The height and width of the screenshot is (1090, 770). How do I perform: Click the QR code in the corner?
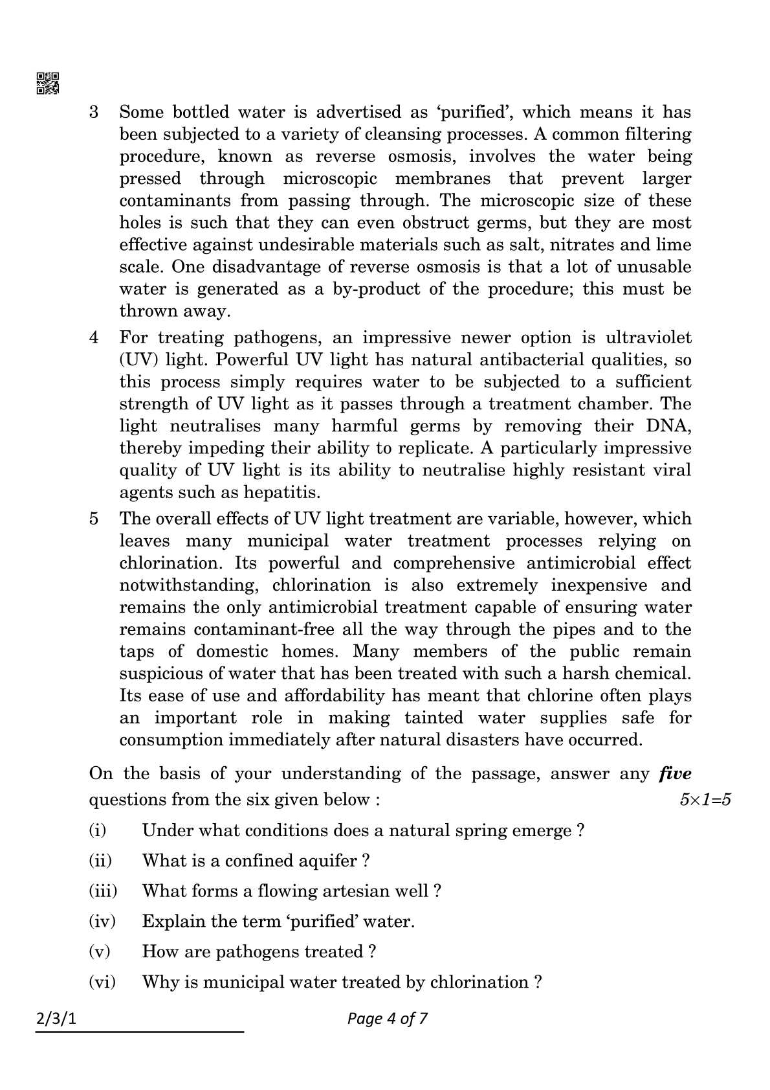(48, 83)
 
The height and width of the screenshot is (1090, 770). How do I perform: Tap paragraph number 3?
(94, 112)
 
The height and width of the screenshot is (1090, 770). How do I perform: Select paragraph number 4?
(94, 337)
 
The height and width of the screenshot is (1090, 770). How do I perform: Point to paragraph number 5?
(94, 519)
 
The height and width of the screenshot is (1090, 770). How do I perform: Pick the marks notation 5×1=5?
(705, 800)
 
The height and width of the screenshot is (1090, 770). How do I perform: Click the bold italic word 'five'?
(675, 773)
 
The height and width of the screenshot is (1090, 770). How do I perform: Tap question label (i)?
(97, 830)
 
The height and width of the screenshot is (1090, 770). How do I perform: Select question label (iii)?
(103, 891)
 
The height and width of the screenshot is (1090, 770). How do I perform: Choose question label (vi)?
(102, 982)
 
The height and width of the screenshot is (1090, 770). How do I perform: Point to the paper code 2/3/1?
(56, 1019)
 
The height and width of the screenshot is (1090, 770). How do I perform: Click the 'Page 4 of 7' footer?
(387, 1019)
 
